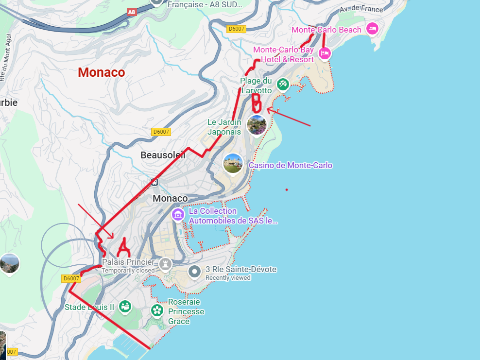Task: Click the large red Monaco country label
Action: pyautogui.click(x=101, y=72)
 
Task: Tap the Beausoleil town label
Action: pyautogui.click(x=163, y=155)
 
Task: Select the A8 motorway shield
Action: pyautogui.click(x=131, y=12)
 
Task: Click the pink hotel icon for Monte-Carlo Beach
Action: pyautogui.click(x=373, y=28)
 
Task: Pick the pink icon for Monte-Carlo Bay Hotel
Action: pyautogui.click(x=325, y=53)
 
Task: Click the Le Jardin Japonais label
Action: pyautogui.click(x=224, y=127)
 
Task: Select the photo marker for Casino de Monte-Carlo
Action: pyautogui.click(x=233, y=164)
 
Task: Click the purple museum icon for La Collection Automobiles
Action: pyautogui.click(x=178, y=214)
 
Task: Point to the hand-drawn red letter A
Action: pyautogui.click(x=124, y=247)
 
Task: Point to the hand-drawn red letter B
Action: pyautogui.click(x=257, y=103)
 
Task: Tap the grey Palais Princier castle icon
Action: pyautogui.click(x=166, y=264)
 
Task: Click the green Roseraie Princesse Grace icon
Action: pyautogui.click(x=156, y=310)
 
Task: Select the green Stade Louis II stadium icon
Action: pyautogui.click(x=125, y=307)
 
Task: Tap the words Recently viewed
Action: pyautogui.click(x=228, y=278)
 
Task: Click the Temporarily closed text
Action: pyautogui.click(x=128, y=270)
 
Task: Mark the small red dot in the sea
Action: pyautogui.click(x=287, y=189)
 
